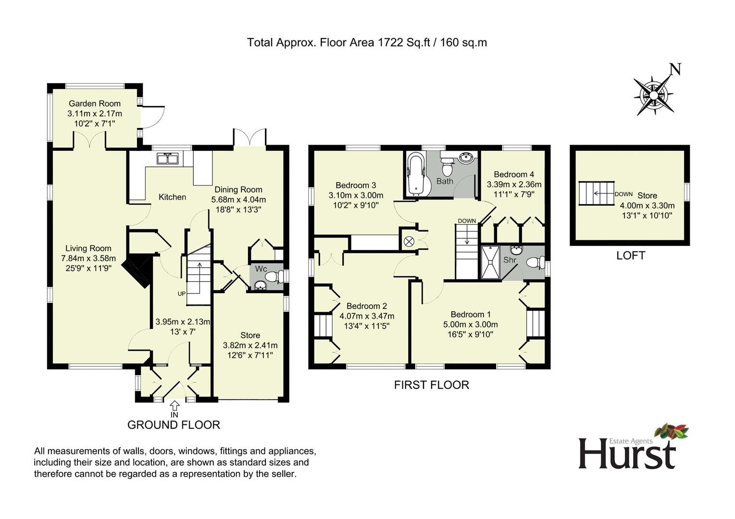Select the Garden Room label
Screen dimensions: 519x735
95,103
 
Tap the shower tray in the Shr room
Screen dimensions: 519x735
491,262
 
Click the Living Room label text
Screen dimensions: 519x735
88,248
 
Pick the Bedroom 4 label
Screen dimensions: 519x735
513,174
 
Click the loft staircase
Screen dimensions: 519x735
596,193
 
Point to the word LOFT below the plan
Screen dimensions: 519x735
630,256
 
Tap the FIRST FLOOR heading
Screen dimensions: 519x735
431,385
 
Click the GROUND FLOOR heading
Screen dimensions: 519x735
174,425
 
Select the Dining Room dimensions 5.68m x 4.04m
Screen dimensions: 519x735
238,199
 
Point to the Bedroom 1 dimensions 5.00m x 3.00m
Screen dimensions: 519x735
470,325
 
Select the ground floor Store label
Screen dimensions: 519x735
250,335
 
